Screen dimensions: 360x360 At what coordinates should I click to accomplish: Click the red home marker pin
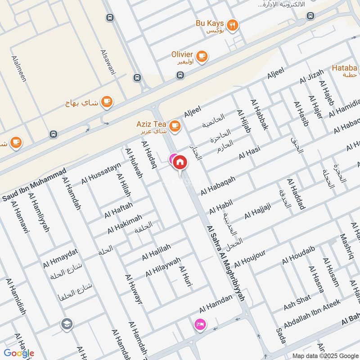180,162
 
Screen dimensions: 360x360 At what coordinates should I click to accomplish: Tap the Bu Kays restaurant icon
232,26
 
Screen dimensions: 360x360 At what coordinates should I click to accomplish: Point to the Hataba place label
345,68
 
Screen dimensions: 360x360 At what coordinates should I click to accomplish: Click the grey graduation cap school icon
67,324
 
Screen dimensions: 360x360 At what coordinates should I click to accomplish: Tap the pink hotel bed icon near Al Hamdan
198,324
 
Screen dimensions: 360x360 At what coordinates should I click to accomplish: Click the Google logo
19,353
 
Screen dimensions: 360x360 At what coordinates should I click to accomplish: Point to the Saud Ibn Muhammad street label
34,184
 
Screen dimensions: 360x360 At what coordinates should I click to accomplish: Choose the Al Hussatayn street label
101,174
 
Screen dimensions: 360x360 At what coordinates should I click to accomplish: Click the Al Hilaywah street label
163,267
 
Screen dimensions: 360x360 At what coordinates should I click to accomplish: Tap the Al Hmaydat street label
61,258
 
